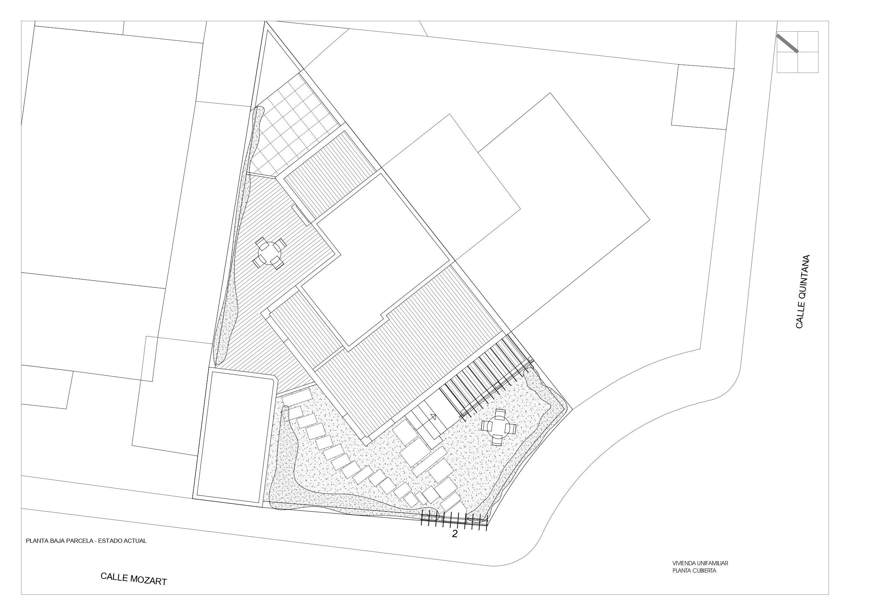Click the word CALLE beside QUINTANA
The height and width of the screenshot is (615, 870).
coord(800,320)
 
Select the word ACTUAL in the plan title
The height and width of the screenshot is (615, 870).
coord(136,541)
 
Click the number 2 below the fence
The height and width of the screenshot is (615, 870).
coord(455,534)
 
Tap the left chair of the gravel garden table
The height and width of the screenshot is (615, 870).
coord(486,426)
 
